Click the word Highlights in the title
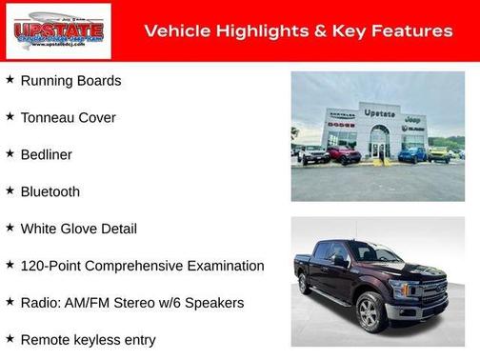(259, 31)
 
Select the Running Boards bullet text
(70, 81)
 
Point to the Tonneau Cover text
(68, 118)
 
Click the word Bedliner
(46, 154)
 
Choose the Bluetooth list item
(50, 191)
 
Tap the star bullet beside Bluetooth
(10, 190)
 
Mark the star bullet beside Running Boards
(10, 80)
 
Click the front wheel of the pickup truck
(372, 310)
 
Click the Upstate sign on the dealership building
(379, 113)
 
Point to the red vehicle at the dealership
(344, 154)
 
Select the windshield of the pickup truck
(374, 252)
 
